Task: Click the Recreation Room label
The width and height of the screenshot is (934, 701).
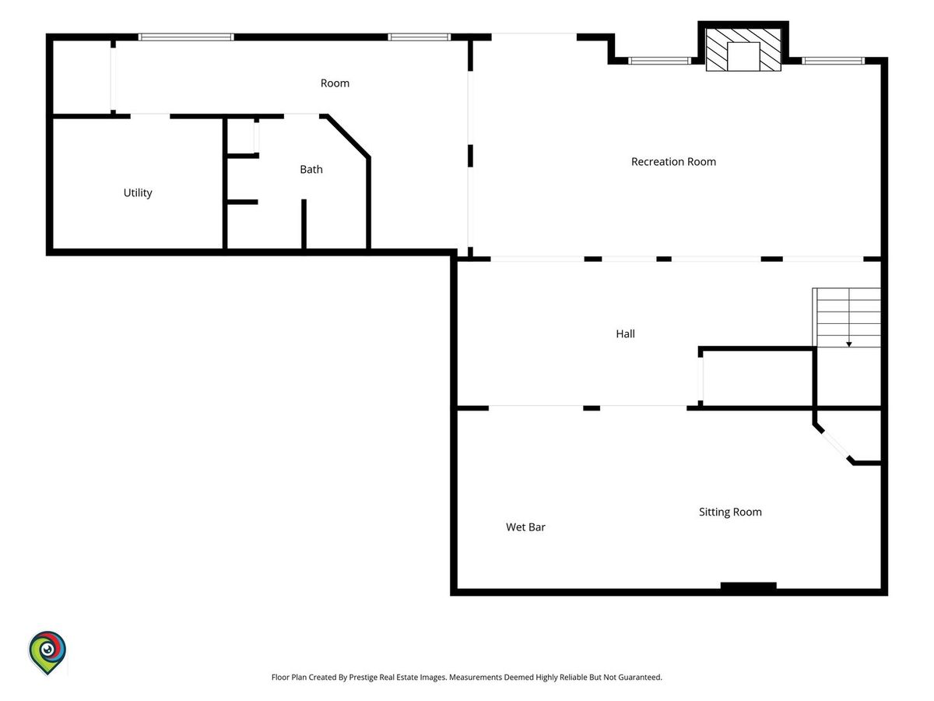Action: click(x=673, y=162)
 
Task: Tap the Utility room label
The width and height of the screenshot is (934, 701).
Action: click(x=138, y=193)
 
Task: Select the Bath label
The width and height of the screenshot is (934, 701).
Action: click(x=311, y=169)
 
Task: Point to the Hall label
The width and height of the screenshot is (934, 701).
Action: click(x=625, y=333)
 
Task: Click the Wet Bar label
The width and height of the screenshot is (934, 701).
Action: click(x=525, y=527)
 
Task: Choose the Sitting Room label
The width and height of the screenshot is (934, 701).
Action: click(x=730, y=512)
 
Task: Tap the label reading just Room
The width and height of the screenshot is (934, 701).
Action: click(x=335, y=83)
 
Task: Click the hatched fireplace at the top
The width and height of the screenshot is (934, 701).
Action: click(x=743, y=49)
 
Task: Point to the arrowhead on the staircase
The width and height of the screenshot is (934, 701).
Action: click(x=849, y=344)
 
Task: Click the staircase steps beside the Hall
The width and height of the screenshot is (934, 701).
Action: click(x=847, y=318)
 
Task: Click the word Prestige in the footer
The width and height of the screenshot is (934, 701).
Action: click(x=363, y=677)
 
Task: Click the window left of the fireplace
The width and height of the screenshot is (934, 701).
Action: click(x=659, y=61)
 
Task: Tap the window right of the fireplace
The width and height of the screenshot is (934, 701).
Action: click(x=833, y=61)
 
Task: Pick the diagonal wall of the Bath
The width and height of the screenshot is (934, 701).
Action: click(x=347, y=136)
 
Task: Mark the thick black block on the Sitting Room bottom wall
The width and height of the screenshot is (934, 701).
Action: click(x=749, y=586)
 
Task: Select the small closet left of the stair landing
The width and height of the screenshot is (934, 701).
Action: click(x=757, y=378)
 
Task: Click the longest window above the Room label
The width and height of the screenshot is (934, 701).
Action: click(x=186, y=37)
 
